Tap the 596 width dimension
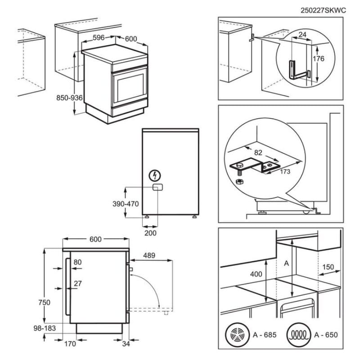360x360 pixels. tap(100, 38)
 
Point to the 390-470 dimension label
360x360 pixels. tap(125, 203)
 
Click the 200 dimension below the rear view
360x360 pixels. tap(151, 233)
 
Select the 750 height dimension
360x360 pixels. tap(44, 302)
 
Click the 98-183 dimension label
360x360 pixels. tap(44, 328)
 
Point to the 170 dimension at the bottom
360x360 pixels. tap(69, 345)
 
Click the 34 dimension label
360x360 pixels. tap(126, 345)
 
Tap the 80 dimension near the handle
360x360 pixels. tap(77, 262)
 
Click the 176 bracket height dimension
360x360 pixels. tap(318, 58)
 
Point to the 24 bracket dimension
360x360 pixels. tap(302, 35)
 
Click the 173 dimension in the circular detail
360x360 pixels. tap(284, 171)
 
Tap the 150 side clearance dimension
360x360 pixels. tap(328, 267)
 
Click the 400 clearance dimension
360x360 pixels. tap(256, 274)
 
